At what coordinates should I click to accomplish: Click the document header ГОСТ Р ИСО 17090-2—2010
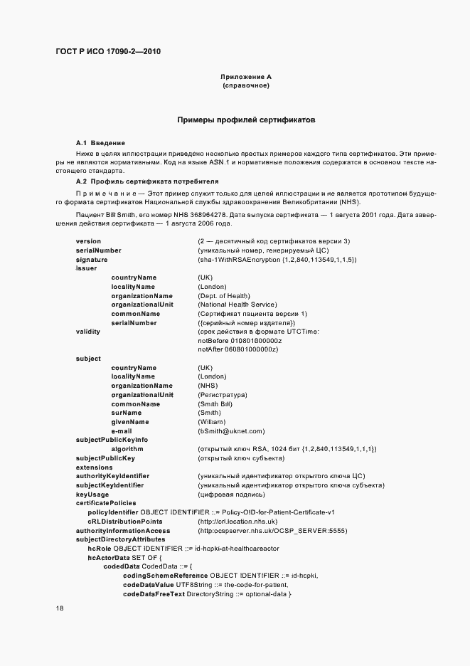click(112, 51)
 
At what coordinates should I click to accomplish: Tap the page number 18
click(60, 608)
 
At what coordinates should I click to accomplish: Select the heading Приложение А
click(246, 76)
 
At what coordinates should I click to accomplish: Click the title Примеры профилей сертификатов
click(246, 120)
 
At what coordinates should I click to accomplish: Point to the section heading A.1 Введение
click(100, 143)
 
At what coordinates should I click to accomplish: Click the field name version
click(88, 241)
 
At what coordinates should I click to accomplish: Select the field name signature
click(92, 260)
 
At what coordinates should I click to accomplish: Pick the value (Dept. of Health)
click(224, 295)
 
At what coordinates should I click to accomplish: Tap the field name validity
click(88, 332)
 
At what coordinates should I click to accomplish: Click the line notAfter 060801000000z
click(238, 349)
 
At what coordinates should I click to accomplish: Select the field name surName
click(126, 413)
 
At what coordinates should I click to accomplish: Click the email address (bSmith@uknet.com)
click(231, 431)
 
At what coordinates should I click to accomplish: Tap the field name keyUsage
click(92, 495)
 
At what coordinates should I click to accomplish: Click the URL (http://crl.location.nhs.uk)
click(237, 522)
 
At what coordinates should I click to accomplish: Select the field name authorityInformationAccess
click(123, 530)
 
